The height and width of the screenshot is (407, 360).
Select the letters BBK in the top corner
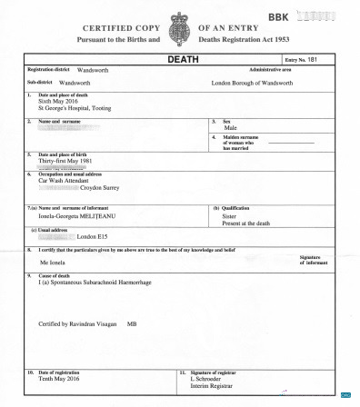point(279,17)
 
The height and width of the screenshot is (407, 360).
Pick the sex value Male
point(231,128)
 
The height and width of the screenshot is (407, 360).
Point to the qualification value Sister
point(231,215)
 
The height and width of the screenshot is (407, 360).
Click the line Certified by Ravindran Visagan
point(80,323)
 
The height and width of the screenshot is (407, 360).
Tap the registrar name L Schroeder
point(210,379)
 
